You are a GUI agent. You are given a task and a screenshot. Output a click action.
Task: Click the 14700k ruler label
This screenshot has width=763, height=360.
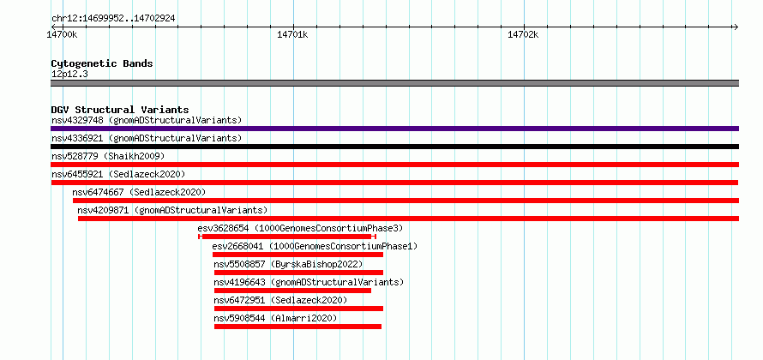click(x=62, y=34)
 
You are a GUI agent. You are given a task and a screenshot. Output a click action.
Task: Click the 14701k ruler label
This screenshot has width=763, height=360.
click(x=292, y=34)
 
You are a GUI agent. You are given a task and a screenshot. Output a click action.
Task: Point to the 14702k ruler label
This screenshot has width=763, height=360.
click(x=523, y=34)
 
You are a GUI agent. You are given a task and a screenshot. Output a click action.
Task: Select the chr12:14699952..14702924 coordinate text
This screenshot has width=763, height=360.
click(x=113, y=19)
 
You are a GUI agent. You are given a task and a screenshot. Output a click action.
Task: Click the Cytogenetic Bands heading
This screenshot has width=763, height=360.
click(x=102, y=63)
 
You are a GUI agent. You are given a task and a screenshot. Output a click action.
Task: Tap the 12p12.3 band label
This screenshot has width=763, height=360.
click(x=69, y=75)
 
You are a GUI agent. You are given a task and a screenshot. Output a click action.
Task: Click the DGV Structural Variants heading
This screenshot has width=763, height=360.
click(x=120, y=110)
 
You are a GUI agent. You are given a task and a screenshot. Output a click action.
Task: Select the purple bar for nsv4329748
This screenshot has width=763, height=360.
click(x=394, y=129)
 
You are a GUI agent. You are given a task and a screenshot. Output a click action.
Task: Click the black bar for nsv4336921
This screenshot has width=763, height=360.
click(x=394, y=147)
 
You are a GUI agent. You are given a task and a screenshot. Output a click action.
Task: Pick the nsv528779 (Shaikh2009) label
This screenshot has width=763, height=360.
click(x=108, y=156)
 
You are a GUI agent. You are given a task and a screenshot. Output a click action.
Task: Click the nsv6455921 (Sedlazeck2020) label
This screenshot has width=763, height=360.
click(x=118, y=174)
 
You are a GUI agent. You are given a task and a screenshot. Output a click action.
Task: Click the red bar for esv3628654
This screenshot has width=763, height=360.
click(x=287, y=237)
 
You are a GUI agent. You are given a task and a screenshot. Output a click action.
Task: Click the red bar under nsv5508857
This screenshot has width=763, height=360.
click(x=298, y=273)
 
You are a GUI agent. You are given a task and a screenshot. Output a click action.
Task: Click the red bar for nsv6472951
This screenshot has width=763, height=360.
click(x=298, y=309)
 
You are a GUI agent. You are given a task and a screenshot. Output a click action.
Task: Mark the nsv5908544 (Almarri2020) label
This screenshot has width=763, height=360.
click(x=275, y=318)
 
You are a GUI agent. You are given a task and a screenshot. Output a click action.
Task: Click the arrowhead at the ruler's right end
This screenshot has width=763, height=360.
click(x=736, y=27)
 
